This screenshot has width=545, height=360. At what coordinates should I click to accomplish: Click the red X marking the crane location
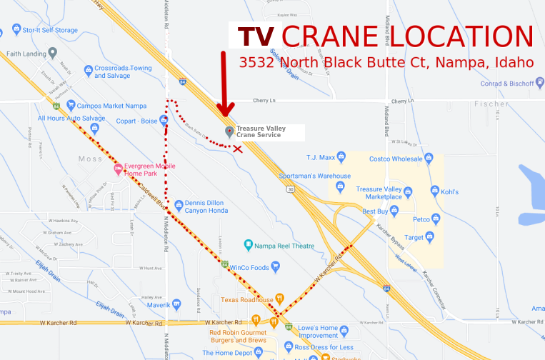237,149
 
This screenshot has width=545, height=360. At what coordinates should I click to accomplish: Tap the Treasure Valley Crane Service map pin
229,131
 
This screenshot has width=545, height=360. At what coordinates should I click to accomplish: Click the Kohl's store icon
434,191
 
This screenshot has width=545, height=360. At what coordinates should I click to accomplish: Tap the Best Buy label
374,211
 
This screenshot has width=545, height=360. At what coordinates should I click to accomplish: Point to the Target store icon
429,236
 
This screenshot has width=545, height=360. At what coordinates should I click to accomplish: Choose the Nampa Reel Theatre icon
249,245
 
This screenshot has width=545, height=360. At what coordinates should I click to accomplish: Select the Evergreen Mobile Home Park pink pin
118,170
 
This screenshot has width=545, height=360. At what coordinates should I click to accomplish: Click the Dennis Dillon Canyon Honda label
206,206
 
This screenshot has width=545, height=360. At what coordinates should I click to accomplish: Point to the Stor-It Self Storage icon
16,30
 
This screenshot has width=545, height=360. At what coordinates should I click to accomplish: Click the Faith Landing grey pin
52,53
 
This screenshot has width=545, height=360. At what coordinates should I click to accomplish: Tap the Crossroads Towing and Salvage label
123,72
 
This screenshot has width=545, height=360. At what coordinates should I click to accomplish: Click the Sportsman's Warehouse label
314,176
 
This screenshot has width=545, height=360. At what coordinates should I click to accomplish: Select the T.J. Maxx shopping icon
333,158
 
